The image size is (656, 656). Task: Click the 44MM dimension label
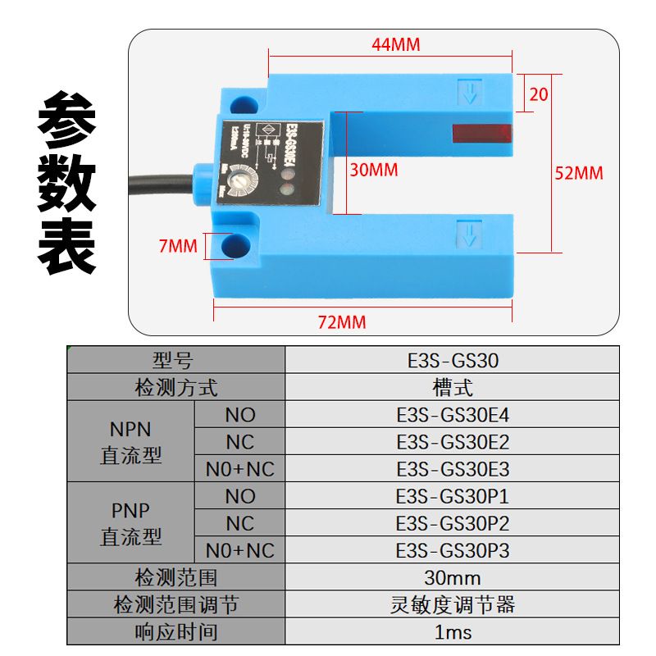click(395, 45)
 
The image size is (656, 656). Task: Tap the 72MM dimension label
click(341, 321)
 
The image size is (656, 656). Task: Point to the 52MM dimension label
click(578, 173)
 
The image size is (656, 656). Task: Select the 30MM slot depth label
click(373, 171)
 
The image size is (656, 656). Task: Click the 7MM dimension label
click(178, 245)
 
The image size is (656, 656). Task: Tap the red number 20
click(539, 94)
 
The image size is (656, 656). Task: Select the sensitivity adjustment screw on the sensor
click(241, 175)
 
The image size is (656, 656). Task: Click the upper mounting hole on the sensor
click(242, 104)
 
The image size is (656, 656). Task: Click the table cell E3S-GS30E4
click(452, 415)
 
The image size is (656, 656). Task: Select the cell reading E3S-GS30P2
click(452, 523)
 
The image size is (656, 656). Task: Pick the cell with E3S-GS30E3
click(452, 469)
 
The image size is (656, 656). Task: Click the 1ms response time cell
click(452, 631)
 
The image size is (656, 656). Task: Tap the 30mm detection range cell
click(452, 577)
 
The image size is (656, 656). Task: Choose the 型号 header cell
click(175, 361)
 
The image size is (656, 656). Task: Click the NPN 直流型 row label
click(130, 442)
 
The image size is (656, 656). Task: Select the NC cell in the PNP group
click(239, 523)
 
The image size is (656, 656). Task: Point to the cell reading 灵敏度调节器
click(452, 604)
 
